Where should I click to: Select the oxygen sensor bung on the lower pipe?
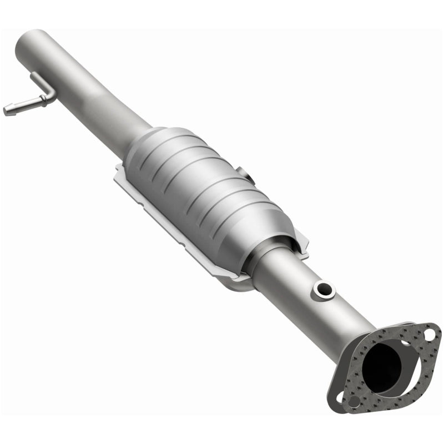[324, 289]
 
